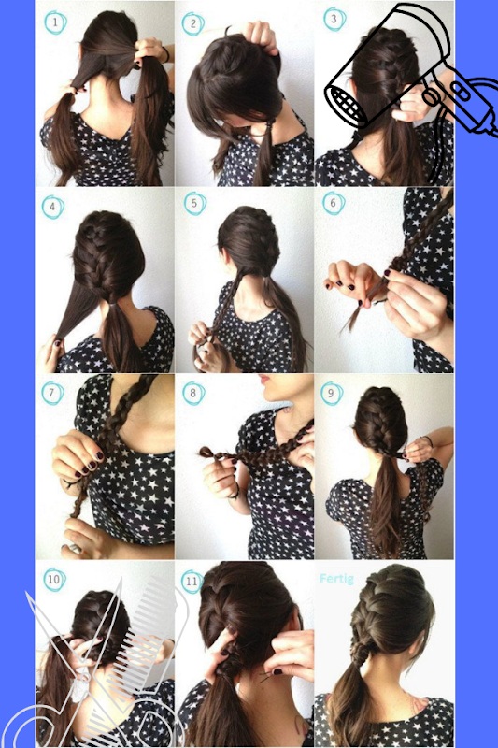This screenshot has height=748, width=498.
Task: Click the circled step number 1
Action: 55,22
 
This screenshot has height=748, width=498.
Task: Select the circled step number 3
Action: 334,20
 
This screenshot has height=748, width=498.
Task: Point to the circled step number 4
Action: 53,207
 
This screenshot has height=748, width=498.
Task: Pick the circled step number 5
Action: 195,204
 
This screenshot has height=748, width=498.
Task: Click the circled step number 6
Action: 334,203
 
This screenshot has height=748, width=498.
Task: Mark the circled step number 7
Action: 52,393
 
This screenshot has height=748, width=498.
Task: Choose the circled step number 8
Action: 193,393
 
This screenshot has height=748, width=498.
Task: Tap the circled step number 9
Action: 332,394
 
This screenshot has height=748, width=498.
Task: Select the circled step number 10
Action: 54,579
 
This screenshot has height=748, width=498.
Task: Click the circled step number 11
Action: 192,582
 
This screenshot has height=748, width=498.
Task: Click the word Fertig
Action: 337,579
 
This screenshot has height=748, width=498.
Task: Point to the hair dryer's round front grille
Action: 347,107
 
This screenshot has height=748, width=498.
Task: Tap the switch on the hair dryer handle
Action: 462,91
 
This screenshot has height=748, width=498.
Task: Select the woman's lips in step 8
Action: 263,380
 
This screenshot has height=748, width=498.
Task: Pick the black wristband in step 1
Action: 165,54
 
